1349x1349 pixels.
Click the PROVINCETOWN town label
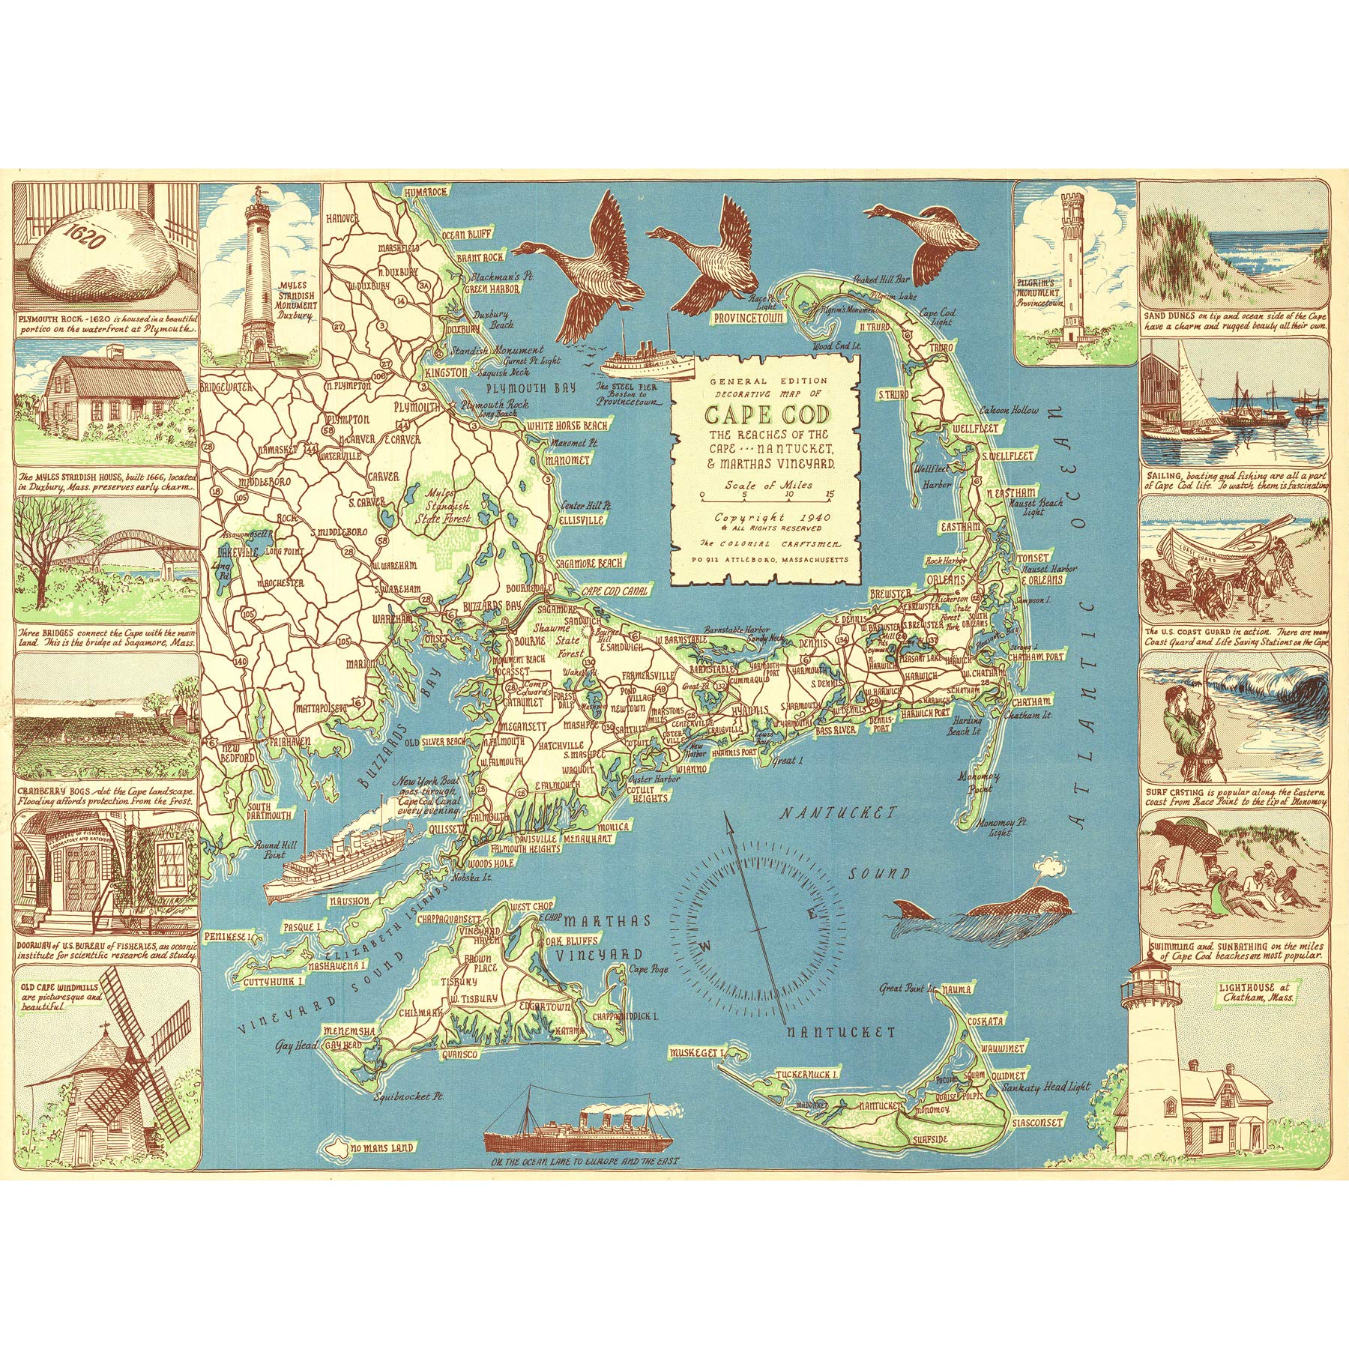click(x=749, y=318)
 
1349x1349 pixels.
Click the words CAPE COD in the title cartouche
click(x=766, y=414)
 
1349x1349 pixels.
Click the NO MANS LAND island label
click(x=384, y=1147)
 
